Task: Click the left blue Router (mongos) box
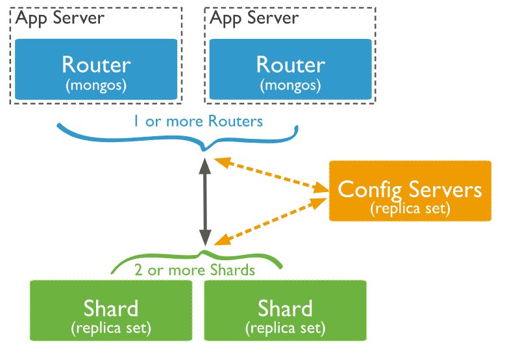[96, 69]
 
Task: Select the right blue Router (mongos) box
[290, 69]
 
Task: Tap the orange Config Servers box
[410, 191]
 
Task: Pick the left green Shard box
[111, 311]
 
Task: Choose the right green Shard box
[285, 311]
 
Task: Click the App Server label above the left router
[60, 18]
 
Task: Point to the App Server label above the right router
[254, 18]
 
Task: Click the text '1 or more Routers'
[198, 121]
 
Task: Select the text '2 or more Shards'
[195, 270]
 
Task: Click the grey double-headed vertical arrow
[205, 201]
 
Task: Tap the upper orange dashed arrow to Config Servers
[271, 174]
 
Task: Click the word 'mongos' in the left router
[96, 85]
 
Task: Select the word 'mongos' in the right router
[290, 85]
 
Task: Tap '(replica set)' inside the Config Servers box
[410, 209]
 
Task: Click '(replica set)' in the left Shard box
[111, 328]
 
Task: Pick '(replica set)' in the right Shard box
[285, 328]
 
